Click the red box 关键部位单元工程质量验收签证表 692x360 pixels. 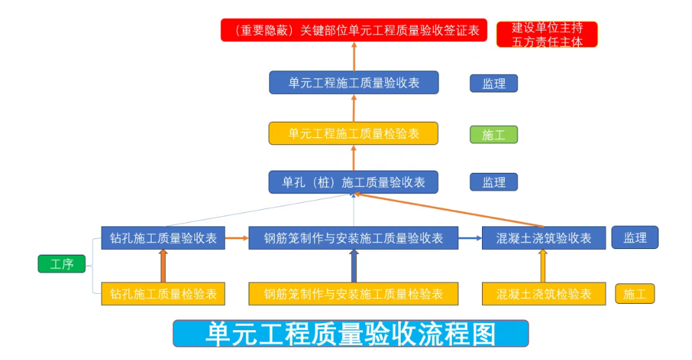pos(354,31)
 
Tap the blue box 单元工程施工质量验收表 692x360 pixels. pos(354,83)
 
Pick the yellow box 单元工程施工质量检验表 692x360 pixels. pos(354,133)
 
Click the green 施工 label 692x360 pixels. pos(493,134)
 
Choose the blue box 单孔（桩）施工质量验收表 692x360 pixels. pos(354,182)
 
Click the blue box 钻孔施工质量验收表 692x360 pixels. pos(163,238)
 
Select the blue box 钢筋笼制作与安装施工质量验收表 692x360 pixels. pos(354,238)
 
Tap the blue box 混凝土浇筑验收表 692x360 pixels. pos(544,238)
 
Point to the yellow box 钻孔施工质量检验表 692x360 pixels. pos(163,293)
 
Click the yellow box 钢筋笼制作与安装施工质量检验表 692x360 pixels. pos(354,293)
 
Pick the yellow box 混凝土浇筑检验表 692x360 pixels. pos(544,293)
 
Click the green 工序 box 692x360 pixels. pos(62,265)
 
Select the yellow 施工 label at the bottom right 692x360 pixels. pos(635,293)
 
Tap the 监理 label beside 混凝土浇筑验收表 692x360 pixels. pos(635,238)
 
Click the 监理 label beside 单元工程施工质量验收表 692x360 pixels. pos(493,83)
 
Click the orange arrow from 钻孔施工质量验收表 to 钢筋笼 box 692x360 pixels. pos(236,238)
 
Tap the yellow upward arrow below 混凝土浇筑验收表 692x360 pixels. pos(543,266)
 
